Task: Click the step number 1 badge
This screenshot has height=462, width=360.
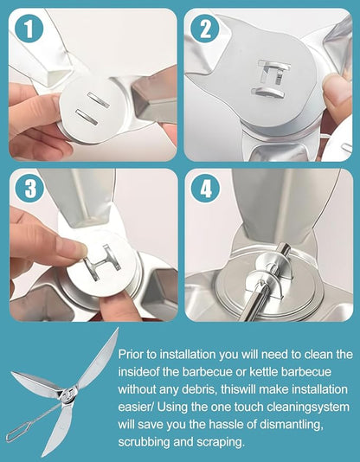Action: click(29, 29)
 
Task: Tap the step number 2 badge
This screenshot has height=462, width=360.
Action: click(205, 29)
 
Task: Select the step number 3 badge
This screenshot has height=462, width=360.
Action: click(29, 189)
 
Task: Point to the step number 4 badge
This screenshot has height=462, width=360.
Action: click(205, 189)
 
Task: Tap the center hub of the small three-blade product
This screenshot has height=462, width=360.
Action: click(68, 395)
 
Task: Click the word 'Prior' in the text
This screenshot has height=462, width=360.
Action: click(131, 354)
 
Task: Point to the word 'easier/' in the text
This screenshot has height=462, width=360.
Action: click(136, 407)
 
